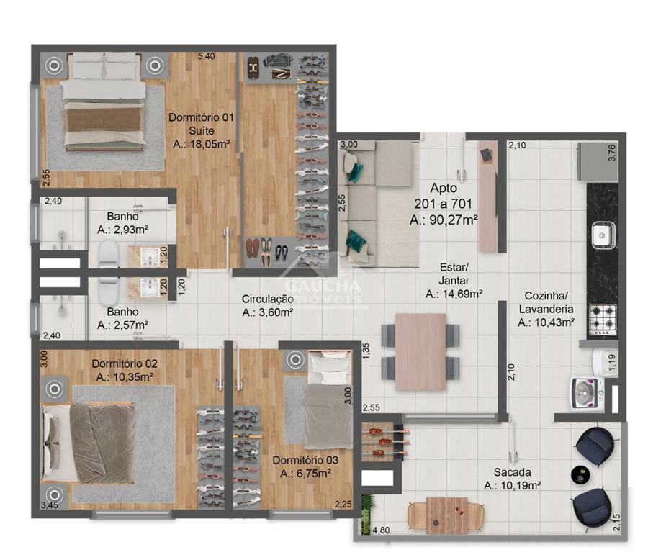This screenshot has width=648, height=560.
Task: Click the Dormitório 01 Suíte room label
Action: pyautogui.click(x=202, y=130)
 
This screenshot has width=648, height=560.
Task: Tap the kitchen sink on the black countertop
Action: pyautogui.click(x=603, y=235)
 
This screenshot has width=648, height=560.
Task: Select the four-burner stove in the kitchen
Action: pyautogui.click(x=603, y=320)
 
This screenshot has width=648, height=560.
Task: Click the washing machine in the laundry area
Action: pyautogui.click(x=588, y=393)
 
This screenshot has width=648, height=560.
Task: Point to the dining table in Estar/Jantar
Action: pyautogui.click(x=420, y=352)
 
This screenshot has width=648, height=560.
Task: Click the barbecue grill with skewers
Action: pyautogui.click(x=382, y=442)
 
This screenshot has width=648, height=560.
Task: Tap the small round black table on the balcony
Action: pyautogui.click(x=581, y=475)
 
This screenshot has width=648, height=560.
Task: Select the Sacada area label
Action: pyautogui.click(x=513, y=479)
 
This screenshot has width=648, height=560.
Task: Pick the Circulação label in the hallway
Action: pyautogui.click(x=268, y=299)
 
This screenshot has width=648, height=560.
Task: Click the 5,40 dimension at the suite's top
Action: pyautogui.click(x=206, y=56)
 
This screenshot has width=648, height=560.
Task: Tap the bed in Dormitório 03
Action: pyautogui.click(x=329, y=399)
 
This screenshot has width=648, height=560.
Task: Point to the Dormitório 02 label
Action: pyautogui.click(x=125, y=363)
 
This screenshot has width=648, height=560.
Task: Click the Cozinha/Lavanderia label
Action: pyautogui.click(x=546, y=309)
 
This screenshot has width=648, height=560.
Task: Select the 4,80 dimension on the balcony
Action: pyautogui.click(x=381, y=530)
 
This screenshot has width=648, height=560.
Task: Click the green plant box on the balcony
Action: pyautogui.click(x=366, y=515)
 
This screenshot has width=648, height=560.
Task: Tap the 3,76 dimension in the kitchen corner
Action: pyautogui.click(x=612, y=153)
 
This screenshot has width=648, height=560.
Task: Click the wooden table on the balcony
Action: pyautogui.click(x=446, y=515)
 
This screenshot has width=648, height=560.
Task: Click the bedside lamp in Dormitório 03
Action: pyautogui.click(x=295, y=360)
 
